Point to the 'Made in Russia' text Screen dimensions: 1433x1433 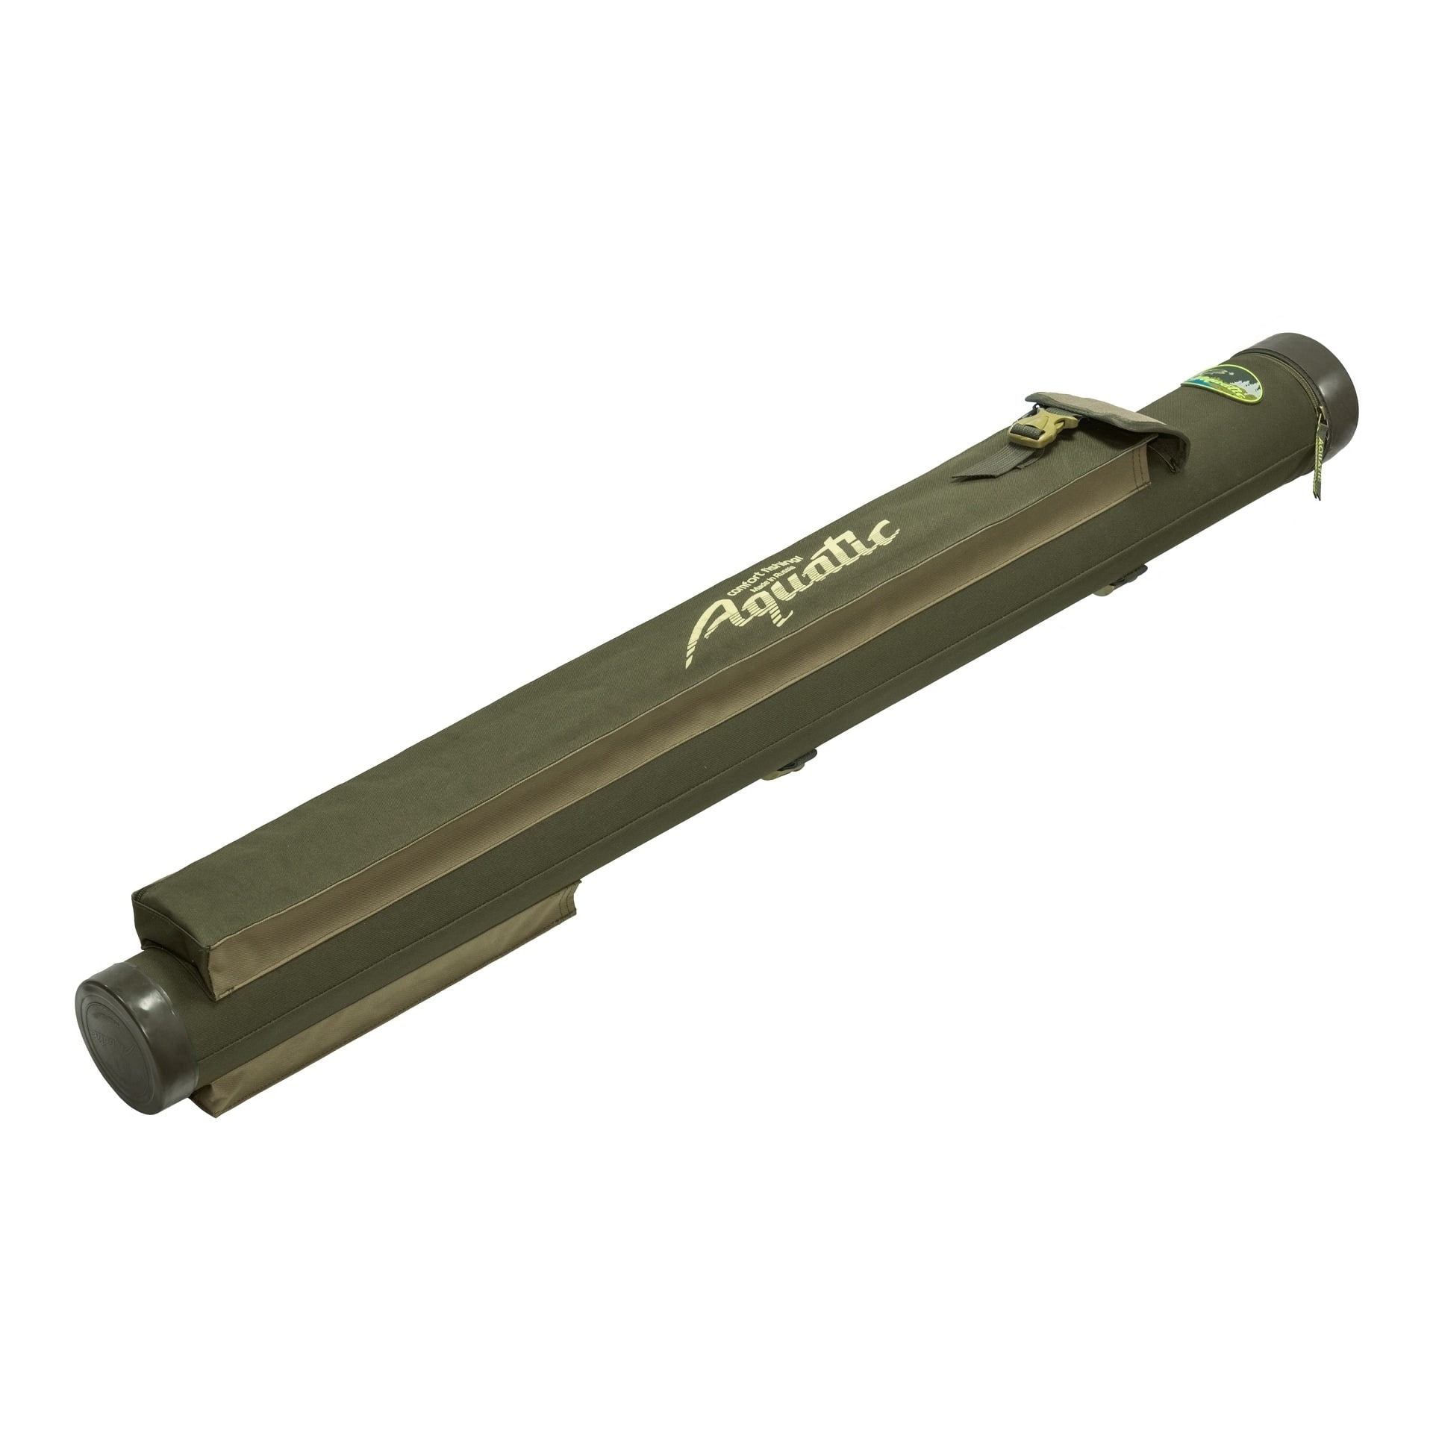(x=776, y=584)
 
